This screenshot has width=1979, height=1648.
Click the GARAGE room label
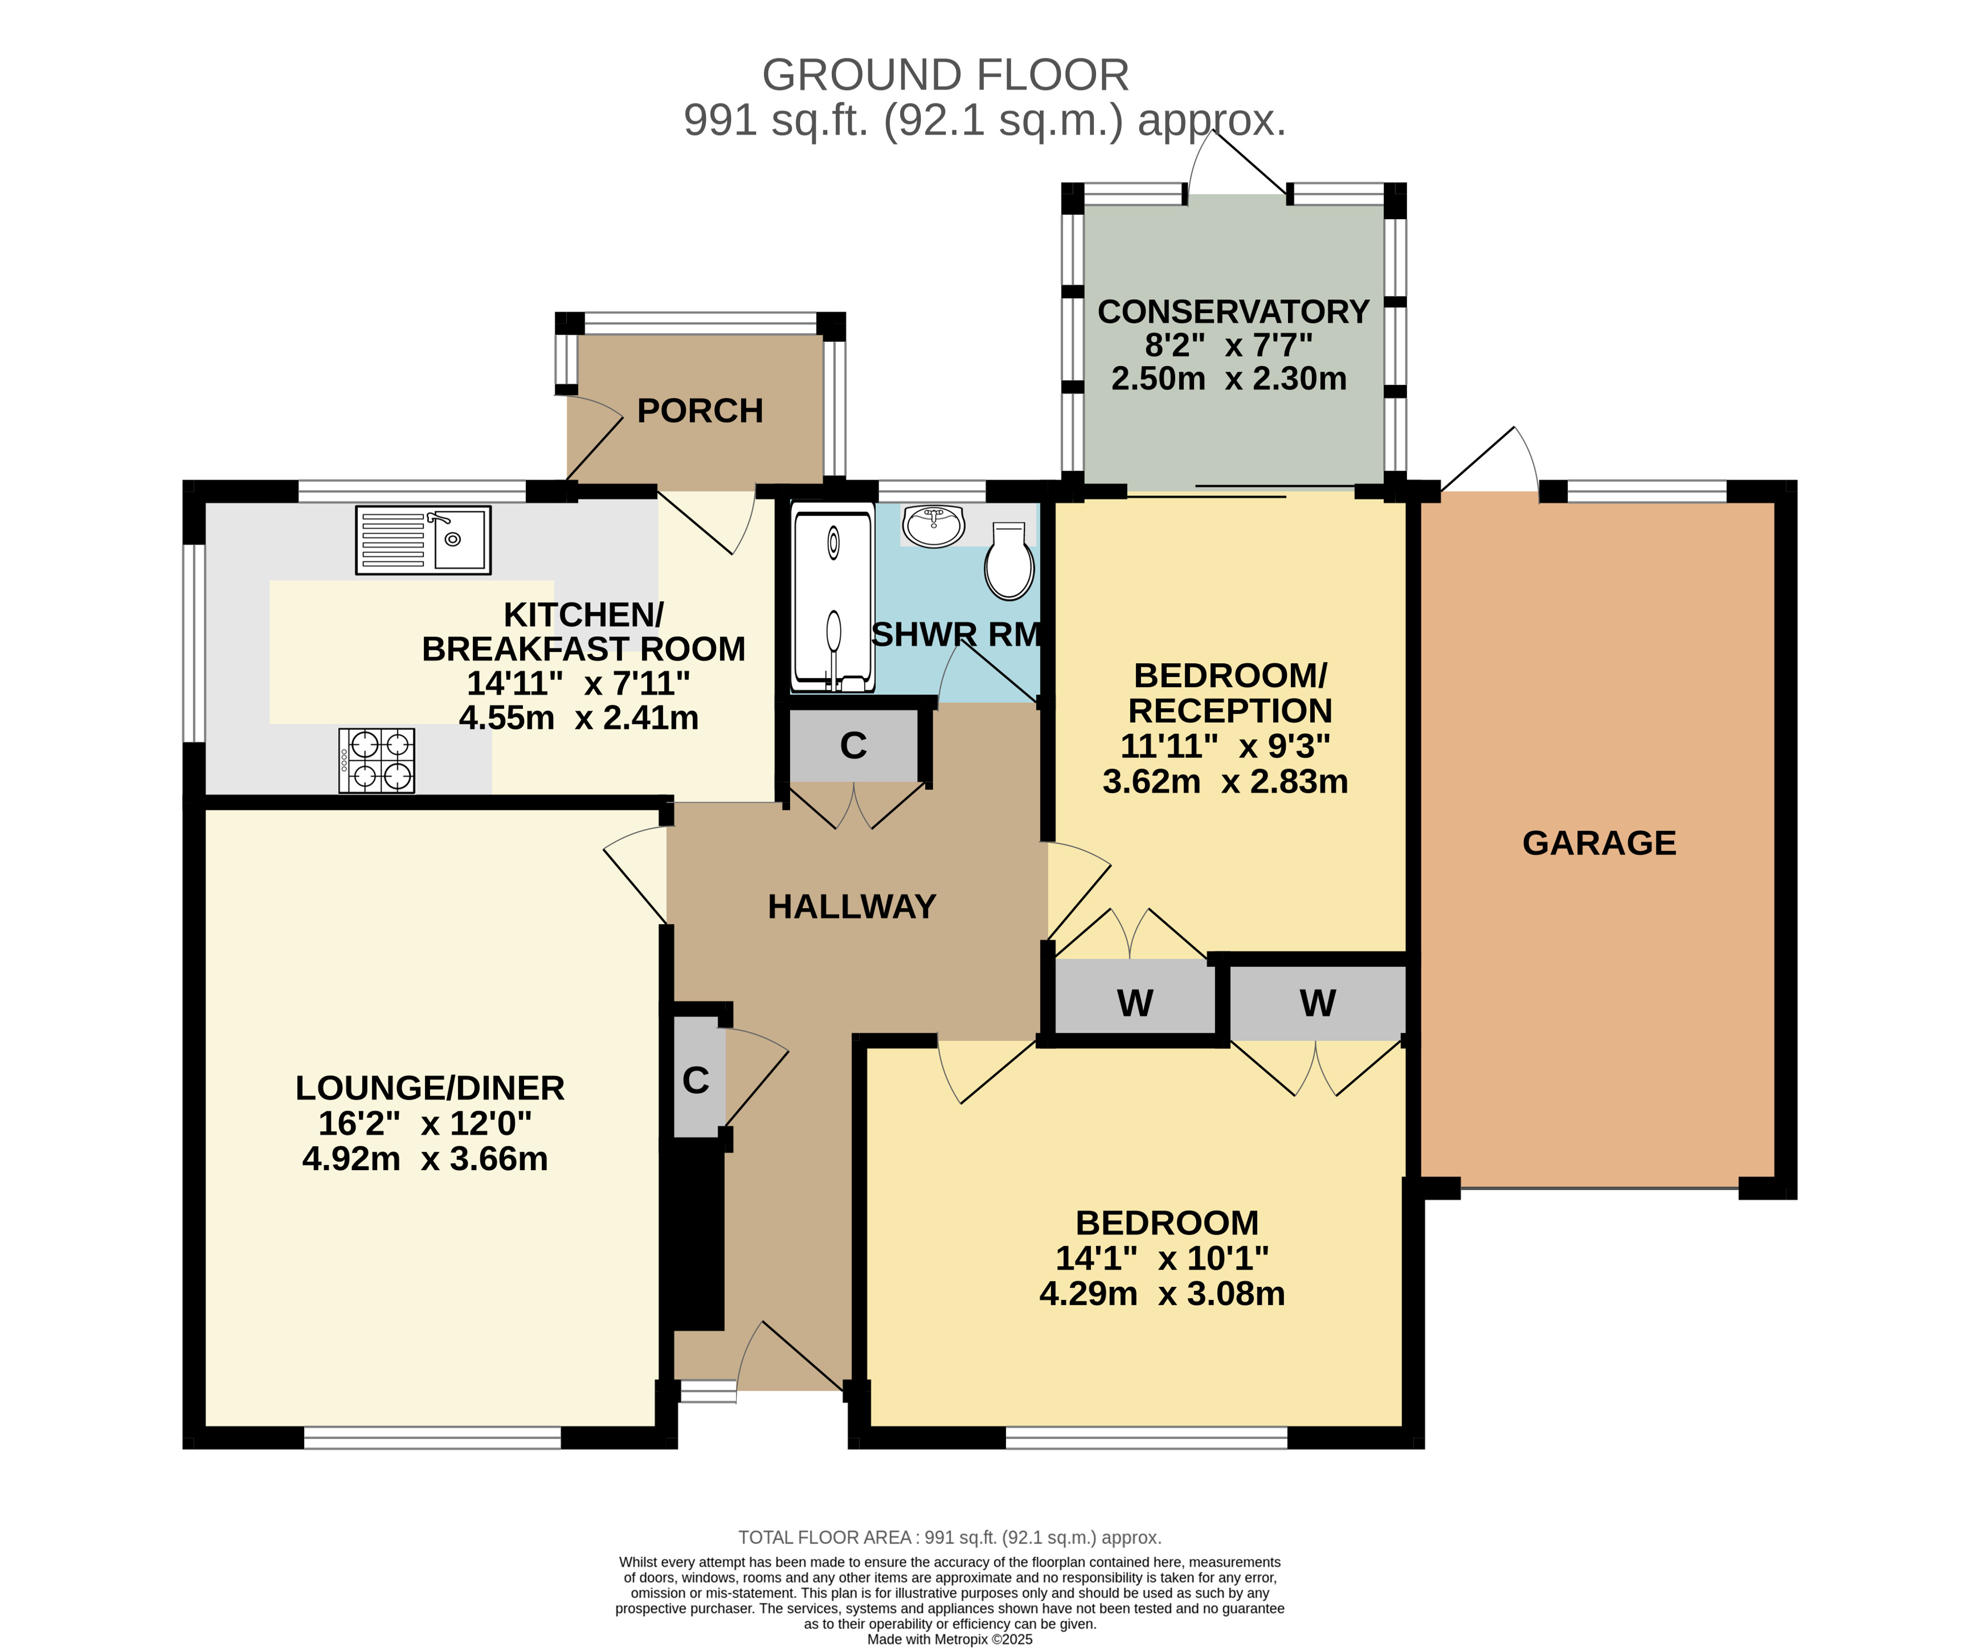1599,842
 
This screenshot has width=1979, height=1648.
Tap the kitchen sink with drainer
423,540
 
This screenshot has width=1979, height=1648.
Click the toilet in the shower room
1009,561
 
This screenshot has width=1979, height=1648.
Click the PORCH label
700,411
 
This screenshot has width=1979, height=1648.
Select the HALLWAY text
852,906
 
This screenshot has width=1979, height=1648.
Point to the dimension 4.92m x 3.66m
425,1158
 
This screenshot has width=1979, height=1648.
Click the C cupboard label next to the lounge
695,1080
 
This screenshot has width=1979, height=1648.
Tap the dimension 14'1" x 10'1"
1162,1258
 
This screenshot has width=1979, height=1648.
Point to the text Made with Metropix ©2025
950,1640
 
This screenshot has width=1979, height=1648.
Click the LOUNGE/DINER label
430,1088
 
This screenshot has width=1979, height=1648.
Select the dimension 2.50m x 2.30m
1229,379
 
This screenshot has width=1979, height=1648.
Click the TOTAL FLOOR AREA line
950,1538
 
